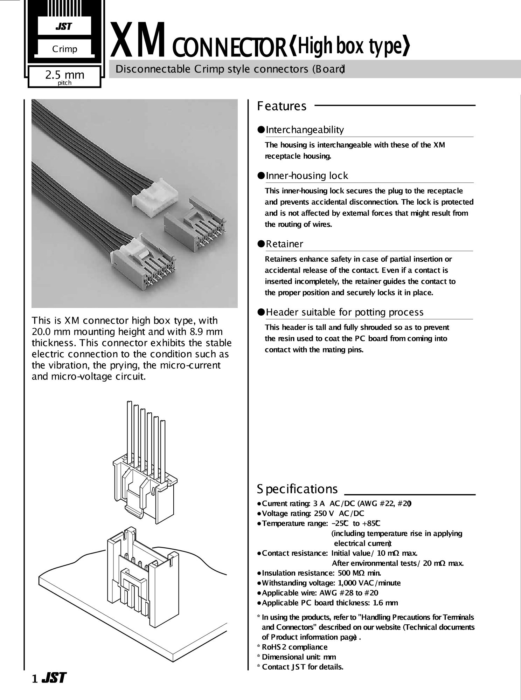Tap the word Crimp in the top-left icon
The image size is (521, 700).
[65, 49]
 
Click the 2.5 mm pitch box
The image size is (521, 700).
[65, 77]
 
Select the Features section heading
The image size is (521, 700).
[282, 106]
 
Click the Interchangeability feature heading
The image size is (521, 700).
[305, 130]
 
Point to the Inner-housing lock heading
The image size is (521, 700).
[307, 176]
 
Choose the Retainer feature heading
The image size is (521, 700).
[285, 244]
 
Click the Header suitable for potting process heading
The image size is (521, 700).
[345, 312]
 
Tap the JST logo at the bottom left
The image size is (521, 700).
[54, 678]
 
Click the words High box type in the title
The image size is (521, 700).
[350, 46]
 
